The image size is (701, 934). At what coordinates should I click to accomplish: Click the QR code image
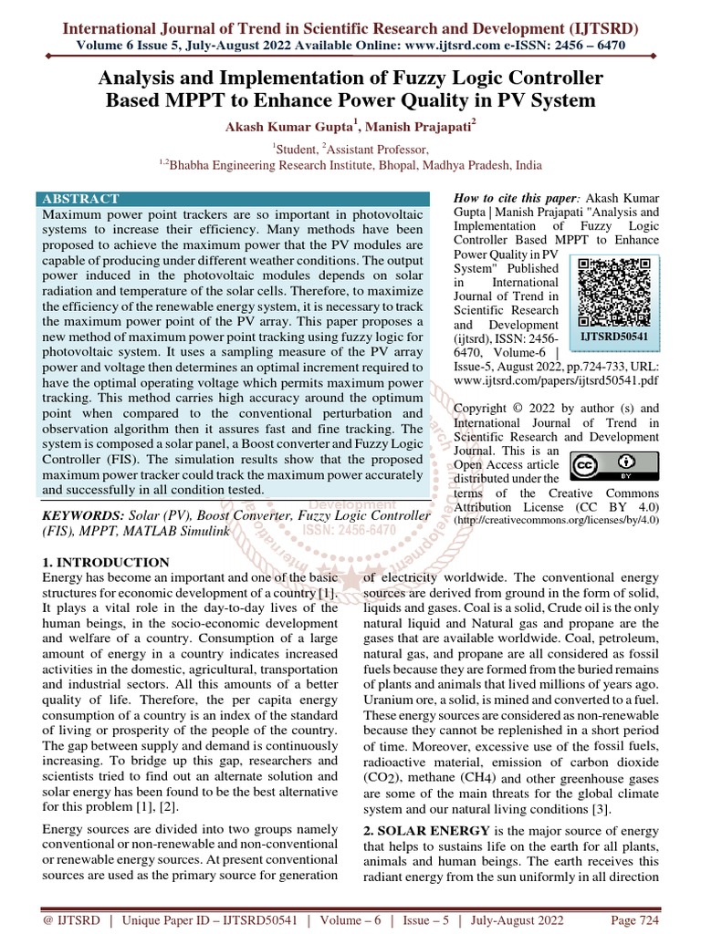pos(614,291)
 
